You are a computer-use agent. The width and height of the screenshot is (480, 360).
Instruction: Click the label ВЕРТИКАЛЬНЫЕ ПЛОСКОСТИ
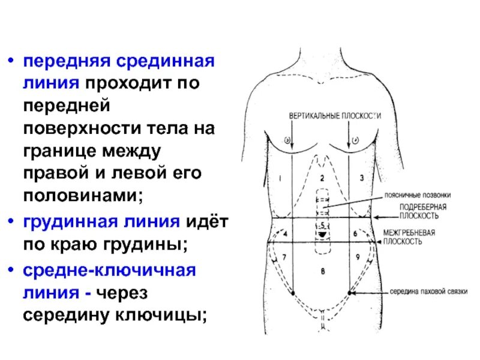[x=335, y=114]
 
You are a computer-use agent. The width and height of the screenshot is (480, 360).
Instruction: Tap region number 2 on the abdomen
[x=322, y=178]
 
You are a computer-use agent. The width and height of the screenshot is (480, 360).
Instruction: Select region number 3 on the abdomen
[x=362, y=178]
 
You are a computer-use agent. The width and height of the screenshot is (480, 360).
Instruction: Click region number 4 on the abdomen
[x=286, y=233]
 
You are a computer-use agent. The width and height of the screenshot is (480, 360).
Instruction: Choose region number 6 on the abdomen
[x=355, y=233]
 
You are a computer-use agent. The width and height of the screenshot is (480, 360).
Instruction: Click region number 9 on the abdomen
[x=357, y=257]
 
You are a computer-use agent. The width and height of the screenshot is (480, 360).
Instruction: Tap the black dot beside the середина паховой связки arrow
[x=350, y=292]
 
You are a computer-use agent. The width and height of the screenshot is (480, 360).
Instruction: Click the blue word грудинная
[x=65, y=221]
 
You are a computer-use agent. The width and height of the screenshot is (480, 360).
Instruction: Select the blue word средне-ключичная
[x=109, y=269]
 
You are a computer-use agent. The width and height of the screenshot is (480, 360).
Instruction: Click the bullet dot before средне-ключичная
[x=10, y=270]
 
